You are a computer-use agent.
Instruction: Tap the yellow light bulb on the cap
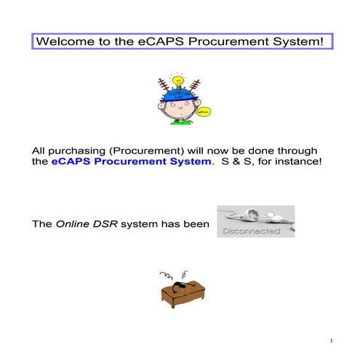176,80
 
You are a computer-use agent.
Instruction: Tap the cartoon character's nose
178,111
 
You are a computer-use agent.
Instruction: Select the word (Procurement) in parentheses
146,149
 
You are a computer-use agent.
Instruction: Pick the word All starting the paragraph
40,149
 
